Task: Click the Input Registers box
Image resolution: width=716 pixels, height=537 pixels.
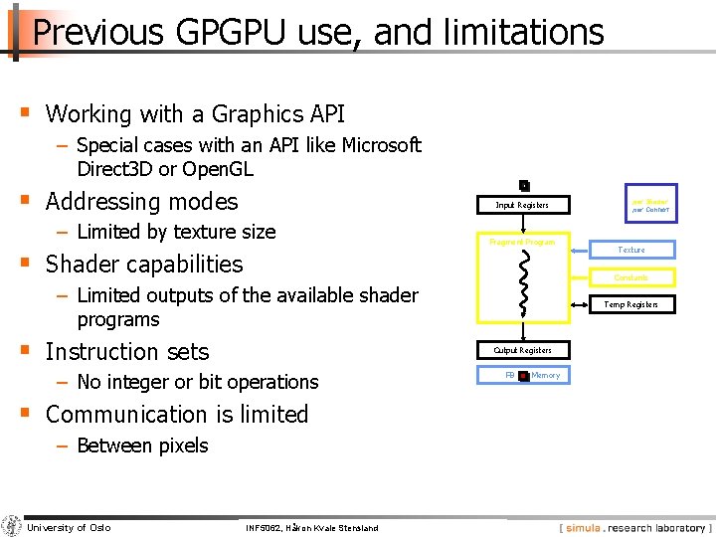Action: pyautogui.click(x=522, y=205)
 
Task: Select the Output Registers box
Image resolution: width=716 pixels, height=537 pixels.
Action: pyautogui.click(x=522, y=350)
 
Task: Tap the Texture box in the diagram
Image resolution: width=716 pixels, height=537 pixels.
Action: pyautogui.click(x=631, y=250)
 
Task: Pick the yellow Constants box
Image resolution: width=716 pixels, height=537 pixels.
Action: pyautogui.click(x=631, y=277)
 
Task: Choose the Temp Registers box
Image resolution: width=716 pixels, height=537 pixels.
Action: pyautogui.click(x=631, y=304)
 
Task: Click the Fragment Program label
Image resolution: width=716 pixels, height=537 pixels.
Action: pyautogui.click(x=522, y=242)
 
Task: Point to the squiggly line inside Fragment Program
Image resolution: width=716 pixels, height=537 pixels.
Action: pyautogui.click(x=525, y=280)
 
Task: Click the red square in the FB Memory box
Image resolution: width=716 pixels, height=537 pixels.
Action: pyautogui.click(x=523, y=376)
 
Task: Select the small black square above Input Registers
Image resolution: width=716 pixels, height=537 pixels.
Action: pyautogui.click(x=524, y=186)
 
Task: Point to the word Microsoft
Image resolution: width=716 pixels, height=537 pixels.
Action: pyautogui.click(x=381, y=145)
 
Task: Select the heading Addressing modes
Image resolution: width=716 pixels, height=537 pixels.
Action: pyautogui.click(x=142, y=202)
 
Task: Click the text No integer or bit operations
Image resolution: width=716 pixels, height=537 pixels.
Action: pyautogui.click(x=197, y=382)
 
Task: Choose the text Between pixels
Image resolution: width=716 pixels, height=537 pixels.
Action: pyautogui.click(x=142, y=446)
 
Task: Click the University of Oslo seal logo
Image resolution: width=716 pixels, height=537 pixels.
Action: pyautogui.click(x=12, y=526)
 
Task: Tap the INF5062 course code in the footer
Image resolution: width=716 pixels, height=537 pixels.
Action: pyautogui.click(x=263, y=527)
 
